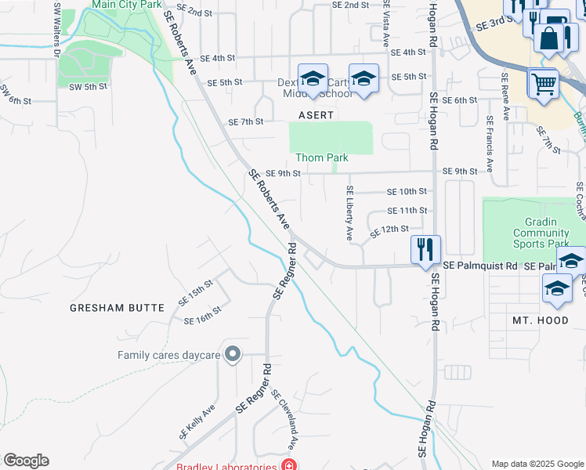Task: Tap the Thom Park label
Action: pos(321,157)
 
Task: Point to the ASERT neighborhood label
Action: pos(316,115)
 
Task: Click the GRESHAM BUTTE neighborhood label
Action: pos(118,308)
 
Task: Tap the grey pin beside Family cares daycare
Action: pos(232,355)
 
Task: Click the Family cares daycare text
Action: pos(168,355)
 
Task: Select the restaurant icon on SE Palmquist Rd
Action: pos(425,250)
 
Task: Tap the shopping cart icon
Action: pos(543,82)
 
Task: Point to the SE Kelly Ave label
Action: pos(197,421)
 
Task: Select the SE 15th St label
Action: pos(195,295)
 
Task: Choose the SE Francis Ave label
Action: pos(489,145)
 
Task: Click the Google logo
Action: pos(26,461)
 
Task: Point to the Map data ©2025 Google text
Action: pos(537,464)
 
